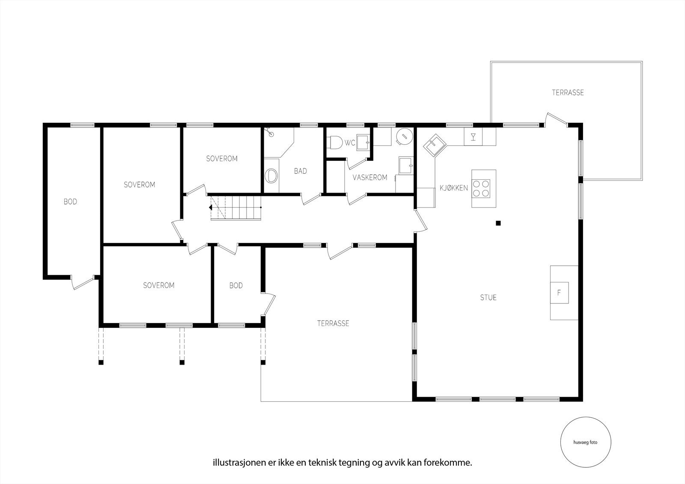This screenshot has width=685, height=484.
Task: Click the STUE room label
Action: point(488,297)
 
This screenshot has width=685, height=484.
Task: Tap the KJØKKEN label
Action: point(454,188)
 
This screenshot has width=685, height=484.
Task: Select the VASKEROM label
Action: point(370,177)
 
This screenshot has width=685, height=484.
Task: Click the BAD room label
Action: point(300,171)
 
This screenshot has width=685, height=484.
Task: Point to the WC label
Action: point(350,143)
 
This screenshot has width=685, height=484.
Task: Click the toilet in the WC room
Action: point(334,143)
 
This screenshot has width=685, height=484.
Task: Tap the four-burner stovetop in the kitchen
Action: point(481,188)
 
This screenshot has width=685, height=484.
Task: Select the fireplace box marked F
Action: point(559,293)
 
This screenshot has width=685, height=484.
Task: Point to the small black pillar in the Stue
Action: point(498,223)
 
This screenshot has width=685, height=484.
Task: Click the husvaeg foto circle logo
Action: point(586,442)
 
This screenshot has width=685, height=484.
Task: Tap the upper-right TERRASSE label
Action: point(568,92)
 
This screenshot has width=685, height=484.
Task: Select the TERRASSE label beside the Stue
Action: point(333,324)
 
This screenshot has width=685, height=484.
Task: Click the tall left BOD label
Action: point(70,202)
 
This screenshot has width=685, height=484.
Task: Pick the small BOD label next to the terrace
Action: point(236,285)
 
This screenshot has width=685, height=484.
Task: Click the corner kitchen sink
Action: point(435,146)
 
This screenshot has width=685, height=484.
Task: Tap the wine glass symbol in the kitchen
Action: point(474,137)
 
